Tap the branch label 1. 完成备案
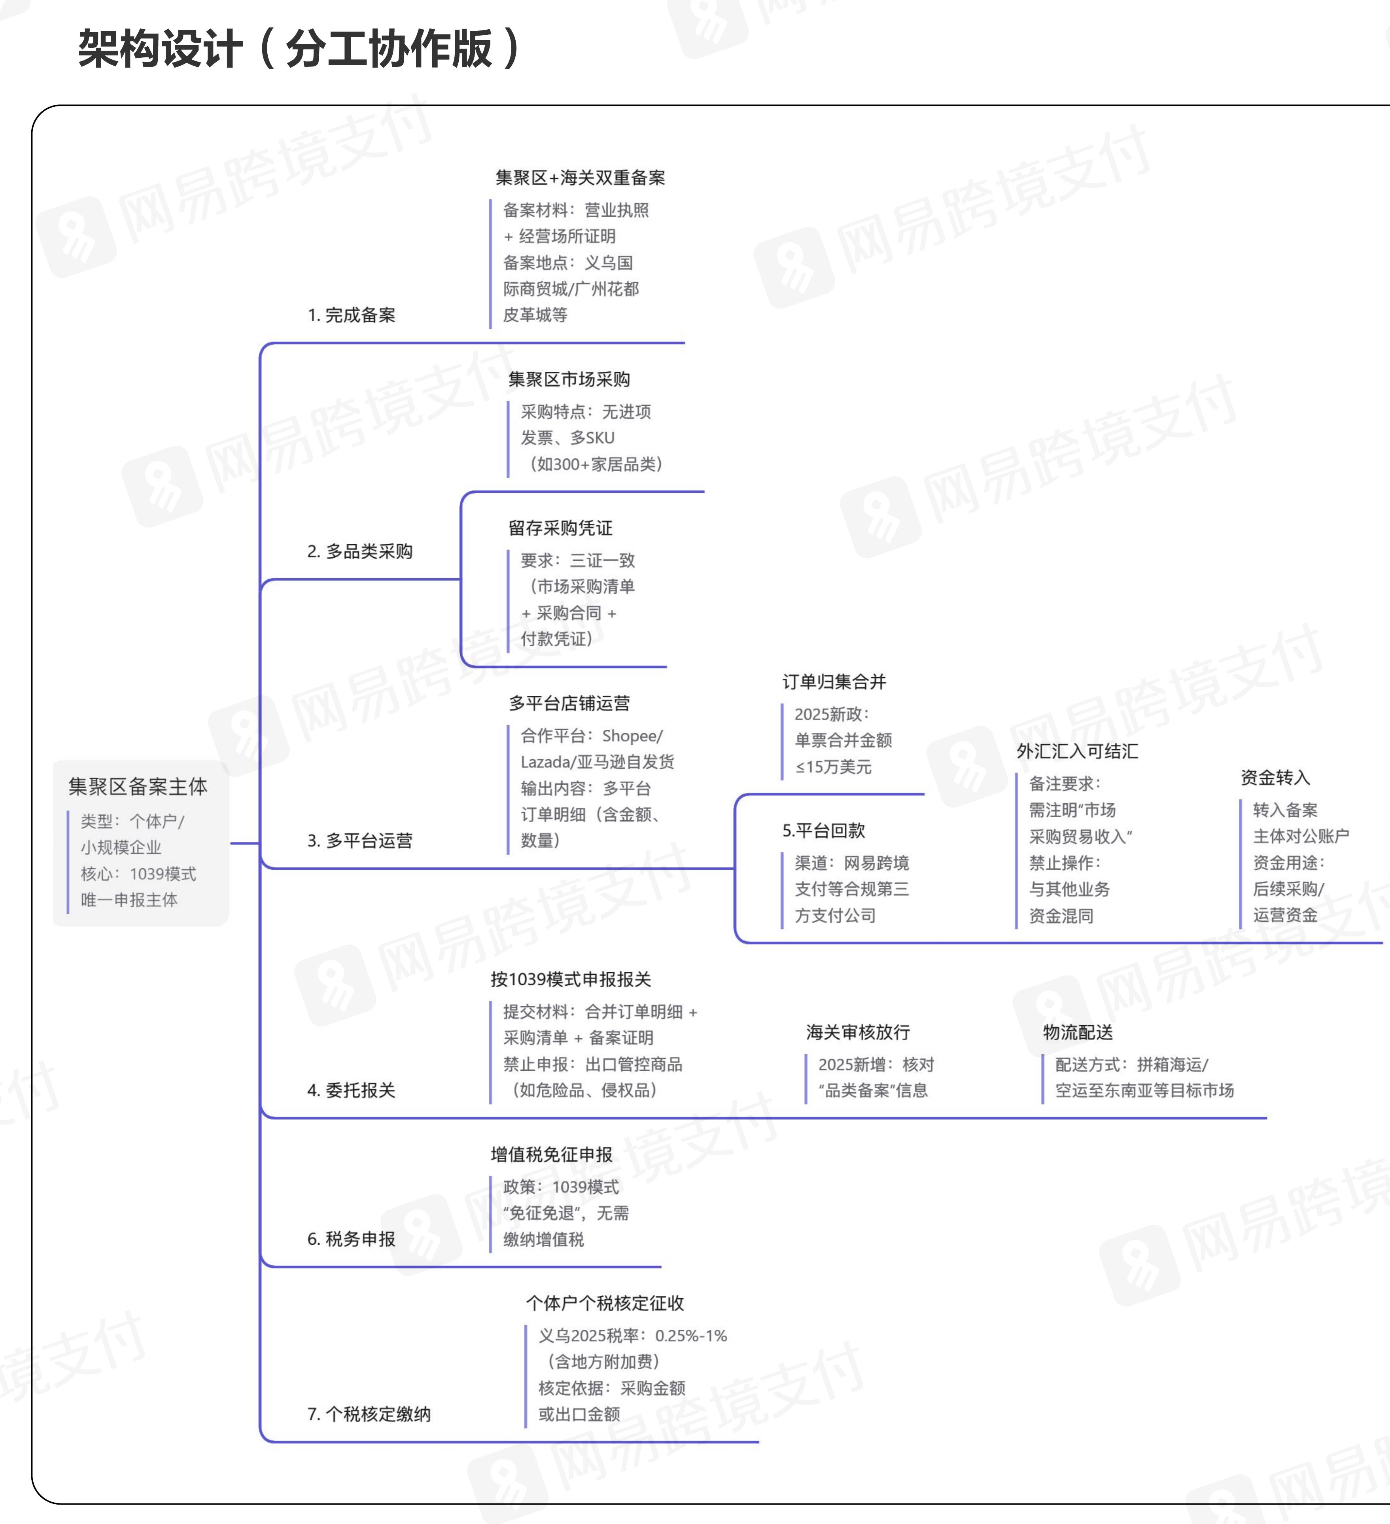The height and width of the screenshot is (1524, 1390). point(352,315)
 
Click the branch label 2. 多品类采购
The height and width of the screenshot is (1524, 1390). point(360,551)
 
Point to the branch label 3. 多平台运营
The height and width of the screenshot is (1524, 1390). point(360,841)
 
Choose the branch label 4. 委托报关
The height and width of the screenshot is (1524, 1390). point(352,1090)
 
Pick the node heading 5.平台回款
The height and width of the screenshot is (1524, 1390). point(824,831)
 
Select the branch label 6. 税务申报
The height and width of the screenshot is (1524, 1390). point(352,1239)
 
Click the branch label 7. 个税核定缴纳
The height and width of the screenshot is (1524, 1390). point(369,1414)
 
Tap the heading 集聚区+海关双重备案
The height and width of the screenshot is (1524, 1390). point(581,178)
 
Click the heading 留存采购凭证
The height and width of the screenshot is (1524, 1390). point(560,528)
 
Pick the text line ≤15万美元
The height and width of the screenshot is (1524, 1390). point(833,767)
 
